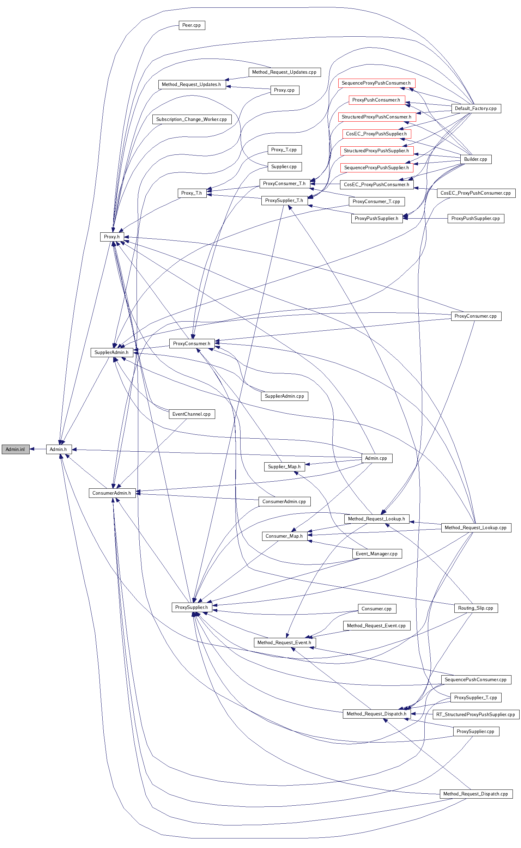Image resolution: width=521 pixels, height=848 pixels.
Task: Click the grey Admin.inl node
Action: (16, 449)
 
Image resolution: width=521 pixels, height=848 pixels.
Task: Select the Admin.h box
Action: (59, 449)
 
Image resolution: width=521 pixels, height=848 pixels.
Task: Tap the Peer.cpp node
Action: (192, 25)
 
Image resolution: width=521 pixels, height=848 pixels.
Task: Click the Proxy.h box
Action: (112, 237)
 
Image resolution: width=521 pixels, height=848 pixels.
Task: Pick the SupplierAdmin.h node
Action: (111, 352)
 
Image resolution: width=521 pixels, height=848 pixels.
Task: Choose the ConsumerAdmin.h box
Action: (112, 493)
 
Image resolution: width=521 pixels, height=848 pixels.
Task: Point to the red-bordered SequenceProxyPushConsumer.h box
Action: (376, 83)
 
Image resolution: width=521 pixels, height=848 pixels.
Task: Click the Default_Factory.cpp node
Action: (476, 109)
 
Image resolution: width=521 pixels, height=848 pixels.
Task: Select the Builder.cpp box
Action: (475, 159)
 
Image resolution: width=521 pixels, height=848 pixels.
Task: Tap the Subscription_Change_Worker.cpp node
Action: (192, 120)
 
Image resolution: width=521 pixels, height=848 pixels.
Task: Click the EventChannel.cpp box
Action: (192, 414)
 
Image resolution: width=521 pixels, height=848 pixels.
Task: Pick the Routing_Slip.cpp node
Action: (475, 608)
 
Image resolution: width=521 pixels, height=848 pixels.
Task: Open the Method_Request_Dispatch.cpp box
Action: (475, 794)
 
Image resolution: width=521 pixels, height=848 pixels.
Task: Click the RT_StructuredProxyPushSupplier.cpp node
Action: (475, 714)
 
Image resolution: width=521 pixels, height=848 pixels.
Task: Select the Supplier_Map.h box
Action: (284, 467)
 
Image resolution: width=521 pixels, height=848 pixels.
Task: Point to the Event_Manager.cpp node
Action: (377, 554)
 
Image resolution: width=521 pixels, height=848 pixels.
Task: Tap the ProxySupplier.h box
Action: (192, 607)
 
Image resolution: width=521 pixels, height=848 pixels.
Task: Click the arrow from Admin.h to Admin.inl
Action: (38, 449)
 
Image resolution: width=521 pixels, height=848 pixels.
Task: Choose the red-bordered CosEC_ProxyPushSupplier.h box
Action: (376, 134)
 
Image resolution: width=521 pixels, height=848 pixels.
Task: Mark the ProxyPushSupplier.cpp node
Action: (475, 219)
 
